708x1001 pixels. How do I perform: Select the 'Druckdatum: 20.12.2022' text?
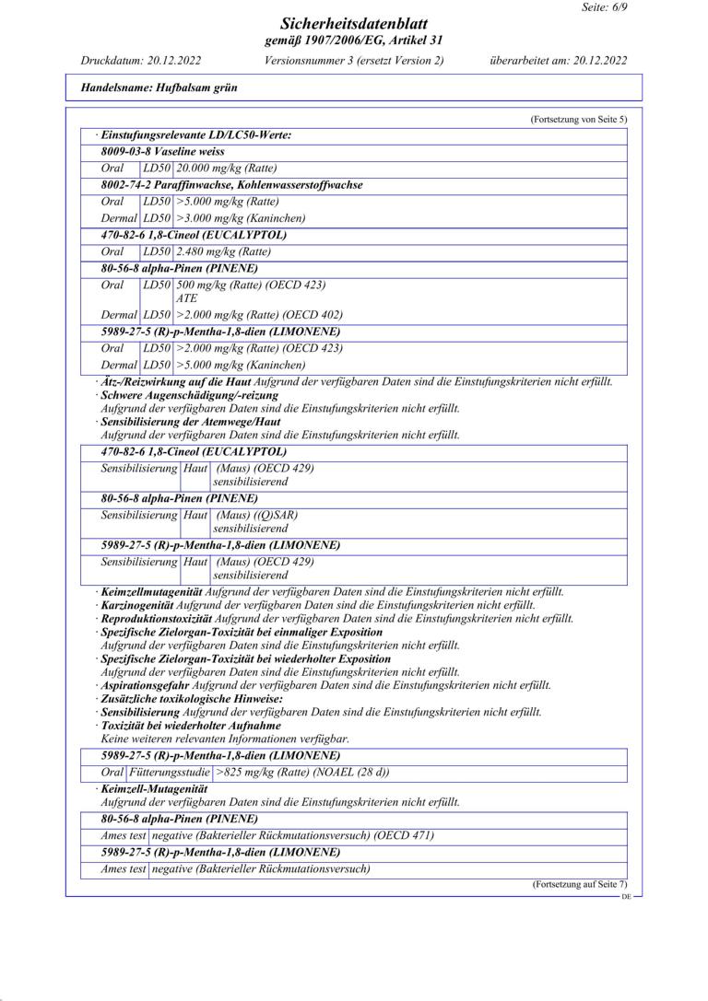point(141,61)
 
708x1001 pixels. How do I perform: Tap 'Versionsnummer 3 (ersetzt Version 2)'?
point(354,61)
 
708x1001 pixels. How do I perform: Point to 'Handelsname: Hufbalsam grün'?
point(159,88)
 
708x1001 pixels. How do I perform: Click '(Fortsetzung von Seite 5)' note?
point(578,120)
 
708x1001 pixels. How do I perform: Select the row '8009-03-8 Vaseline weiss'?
point(162,151)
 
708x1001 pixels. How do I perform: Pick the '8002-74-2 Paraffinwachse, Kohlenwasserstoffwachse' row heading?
point(231,185)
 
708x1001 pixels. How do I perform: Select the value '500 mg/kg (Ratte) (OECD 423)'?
point(250,285)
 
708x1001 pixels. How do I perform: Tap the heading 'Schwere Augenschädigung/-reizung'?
point(176,395)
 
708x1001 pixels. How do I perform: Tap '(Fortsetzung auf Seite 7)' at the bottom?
point(578,885)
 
